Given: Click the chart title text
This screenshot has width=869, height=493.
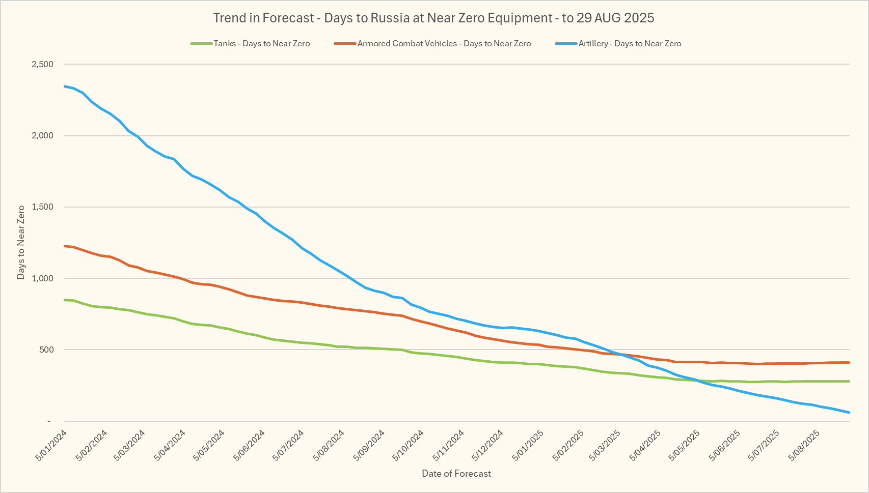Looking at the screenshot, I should [x=433, y=18].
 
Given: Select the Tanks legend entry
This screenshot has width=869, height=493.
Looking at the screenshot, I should [x=261, y=44].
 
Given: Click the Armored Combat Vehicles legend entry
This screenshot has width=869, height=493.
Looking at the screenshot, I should [x=444, y=44].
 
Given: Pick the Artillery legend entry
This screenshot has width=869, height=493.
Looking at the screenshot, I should [x=630, y=44].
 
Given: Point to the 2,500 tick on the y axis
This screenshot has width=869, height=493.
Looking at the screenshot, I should [x=42, y=65].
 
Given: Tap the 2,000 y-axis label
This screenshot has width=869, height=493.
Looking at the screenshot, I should [x=42, y=136].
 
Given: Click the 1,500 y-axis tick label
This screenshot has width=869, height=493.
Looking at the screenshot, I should [x=42, y=207].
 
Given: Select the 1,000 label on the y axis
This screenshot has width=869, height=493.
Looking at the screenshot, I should [x=42, y=278].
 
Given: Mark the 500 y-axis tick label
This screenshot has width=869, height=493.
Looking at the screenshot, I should [x=46, y=350].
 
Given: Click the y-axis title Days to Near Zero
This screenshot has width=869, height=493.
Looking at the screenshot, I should [x=21, y=242].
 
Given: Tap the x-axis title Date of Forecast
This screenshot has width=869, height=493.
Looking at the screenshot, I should [x=456, y=474].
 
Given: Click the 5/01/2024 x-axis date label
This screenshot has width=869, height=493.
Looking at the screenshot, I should [x=51, y=446].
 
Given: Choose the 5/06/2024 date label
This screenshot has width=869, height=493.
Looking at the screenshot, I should [x=249, y=446].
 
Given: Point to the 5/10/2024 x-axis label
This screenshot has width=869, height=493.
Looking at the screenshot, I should [x=408, y=446].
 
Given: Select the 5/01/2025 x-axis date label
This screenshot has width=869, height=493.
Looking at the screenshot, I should [x=528, y=446].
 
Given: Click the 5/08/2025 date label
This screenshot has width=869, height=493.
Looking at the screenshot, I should [x=804, y=446].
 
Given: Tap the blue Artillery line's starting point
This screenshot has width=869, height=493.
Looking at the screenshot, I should [x=65, y=86].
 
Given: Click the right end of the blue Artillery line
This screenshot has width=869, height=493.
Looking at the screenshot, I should [x=849, y=412].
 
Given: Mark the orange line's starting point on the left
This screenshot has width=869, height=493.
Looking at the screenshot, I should [x=65, y=246].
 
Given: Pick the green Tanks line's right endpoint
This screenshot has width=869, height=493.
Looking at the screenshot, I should [x=849, y=381].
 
